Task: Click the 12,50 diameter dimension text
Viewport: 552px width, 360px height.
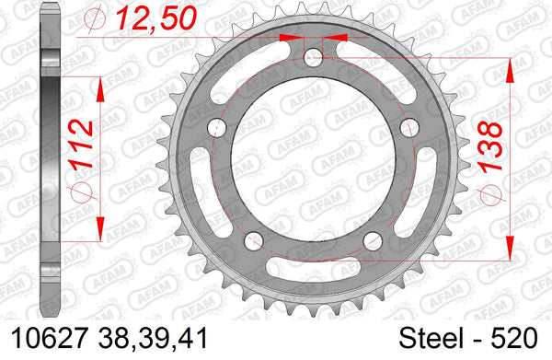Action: coord(156,18)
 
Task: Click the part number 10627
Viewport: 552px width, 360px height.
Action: coord(49,339)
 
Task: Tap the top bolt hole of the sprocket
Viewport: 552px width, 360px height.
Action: coord(313,57)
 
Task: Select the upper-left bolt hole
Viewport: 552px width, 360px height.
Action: coord(217,127)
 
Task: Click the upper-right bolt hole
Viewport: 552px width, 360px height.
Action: coord(409,127)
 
